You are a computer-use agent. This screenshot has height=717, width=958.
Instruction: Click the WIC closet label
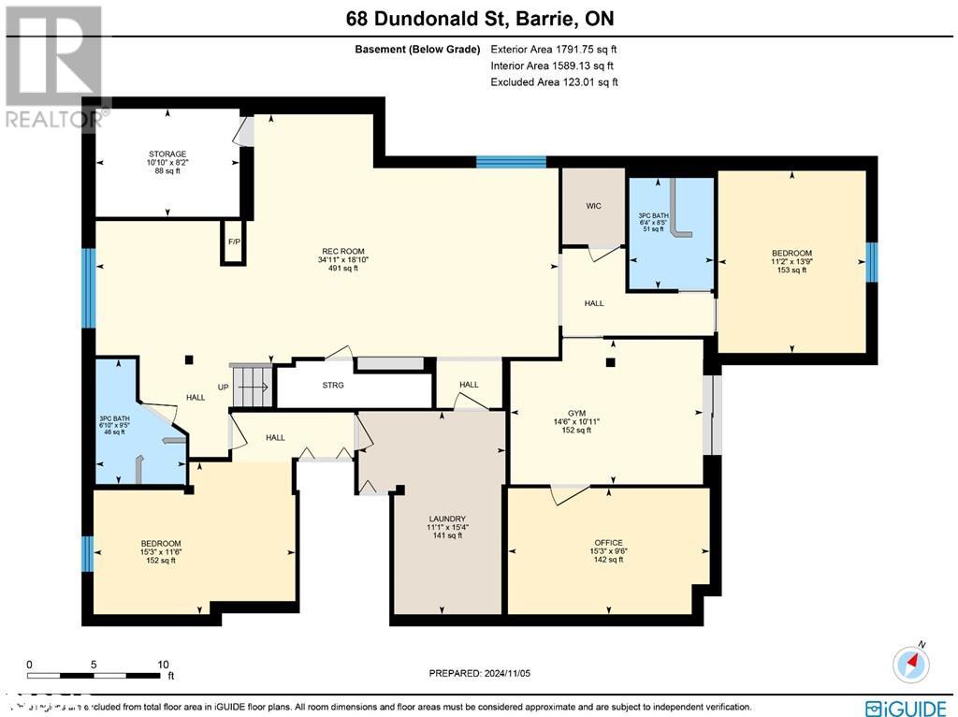tap(592, 205)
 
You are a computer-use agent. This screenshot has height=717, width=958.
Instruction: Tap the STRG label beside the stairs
tap(332, 385)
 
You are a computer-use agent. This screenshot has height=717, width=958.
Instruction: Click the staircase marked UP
tap(251, 386)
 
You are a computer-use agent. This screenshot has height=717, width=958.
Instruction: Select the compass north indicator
tap(911, 663)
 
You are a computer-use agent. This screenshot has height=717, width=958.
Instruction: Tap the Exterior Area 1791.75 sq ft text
tap(554, 49)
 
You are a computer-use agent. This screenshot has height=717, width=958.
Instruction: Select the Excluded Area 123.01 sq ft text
tap(554, 82)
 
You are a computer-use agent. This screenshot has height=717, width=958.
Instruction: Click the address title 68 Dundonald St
tap(478, 19)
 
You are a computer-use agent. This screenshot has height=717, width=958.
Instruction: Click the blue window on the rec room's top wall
tap(511, 162)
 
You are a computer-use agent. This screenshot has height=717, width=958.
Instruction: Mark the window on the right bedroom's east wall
tap(872, 261)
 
